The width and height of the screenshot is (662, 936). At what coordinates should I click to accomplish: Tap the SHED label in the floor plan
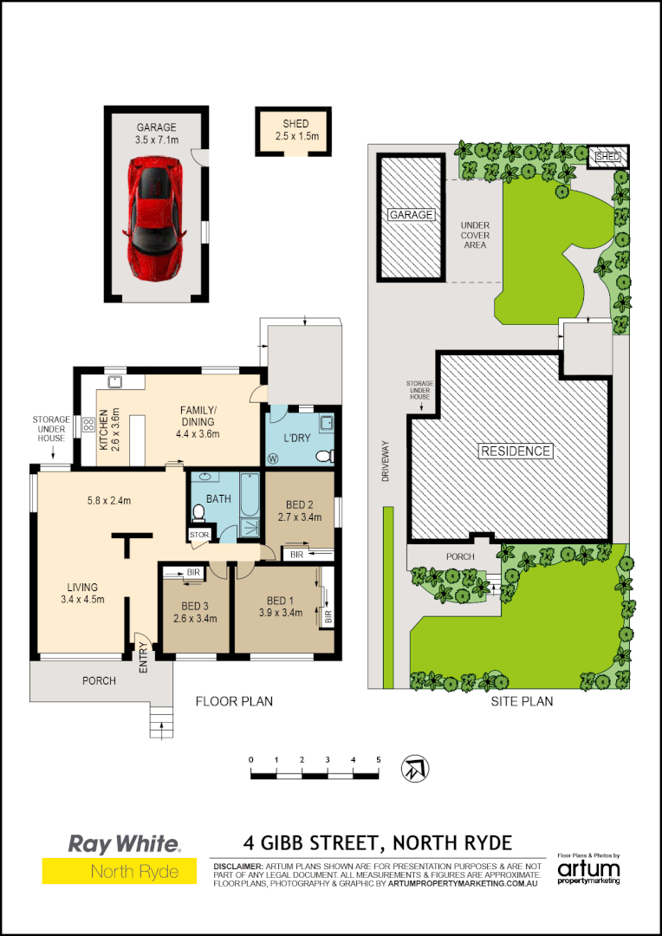(295, 123)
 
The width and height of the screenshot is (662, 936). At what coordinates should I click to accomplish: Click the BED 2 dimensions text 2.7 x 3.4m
(298, 517)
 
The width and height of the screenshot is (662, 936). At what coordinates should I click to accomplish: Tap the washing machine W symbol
(275, 458)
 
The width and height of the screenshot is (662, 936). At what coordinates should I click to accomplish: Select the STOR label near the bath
(199, 536)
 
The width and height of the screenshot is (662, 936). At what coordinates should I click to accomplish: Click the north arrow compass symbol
(413, 768)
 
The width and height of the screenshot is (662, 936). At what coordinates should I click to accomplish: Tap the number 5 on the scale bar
(379, 760)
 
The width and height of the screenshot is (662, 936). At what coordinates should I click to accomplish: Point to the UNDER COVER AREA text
(475, 235)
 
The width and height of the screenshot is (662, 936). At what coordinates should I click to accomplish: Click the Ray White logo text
(124, 842)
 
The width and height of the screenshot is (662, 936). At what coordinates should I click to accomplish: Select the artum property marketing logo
(588, 870)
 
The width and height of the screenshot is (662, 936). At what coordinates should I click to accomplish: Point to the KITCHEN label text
(101, 426)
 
